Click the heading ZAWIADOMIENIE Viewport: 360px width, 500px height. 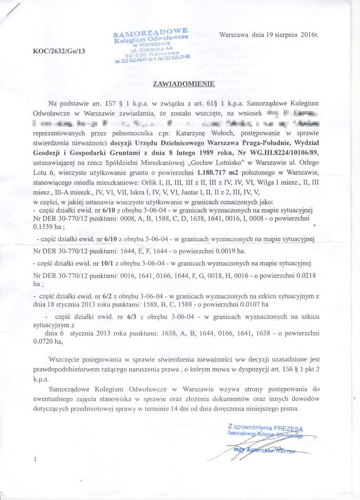coord(183,83)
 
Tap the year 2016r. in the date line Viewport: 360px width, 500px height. coord(307,35)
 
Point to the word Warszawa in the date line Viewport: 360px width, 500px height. coord(236,35)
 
